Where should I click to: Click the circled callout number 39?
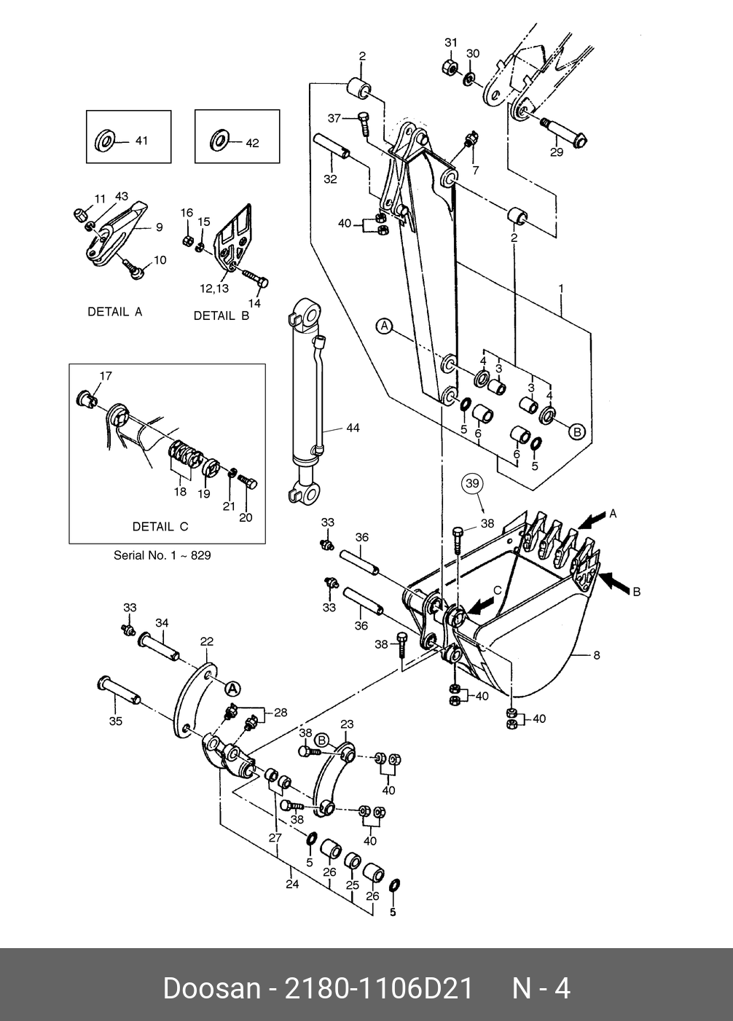point(472,482)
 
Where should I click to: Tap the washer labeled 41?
point(105,141)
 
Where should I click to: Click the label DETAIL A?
point(115,312)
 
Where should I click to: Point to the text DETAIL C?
point(160,526)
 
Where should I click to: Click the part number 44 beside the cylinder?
point(353,428)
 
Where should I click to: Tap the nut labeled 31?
point(450,68)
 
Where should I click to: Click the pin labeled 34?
point(159,646)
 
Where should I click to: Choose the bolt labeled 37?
point(364,122)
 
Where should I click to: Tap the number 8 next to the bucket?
point(597,655)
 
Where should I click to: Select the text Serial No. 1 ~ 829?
point(162,555)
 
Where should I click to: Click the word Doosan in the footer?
point(212,989)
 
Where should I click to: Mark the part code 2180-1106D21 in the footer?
point(379,989)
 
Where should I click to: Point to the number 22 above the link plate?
point(206,641)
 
